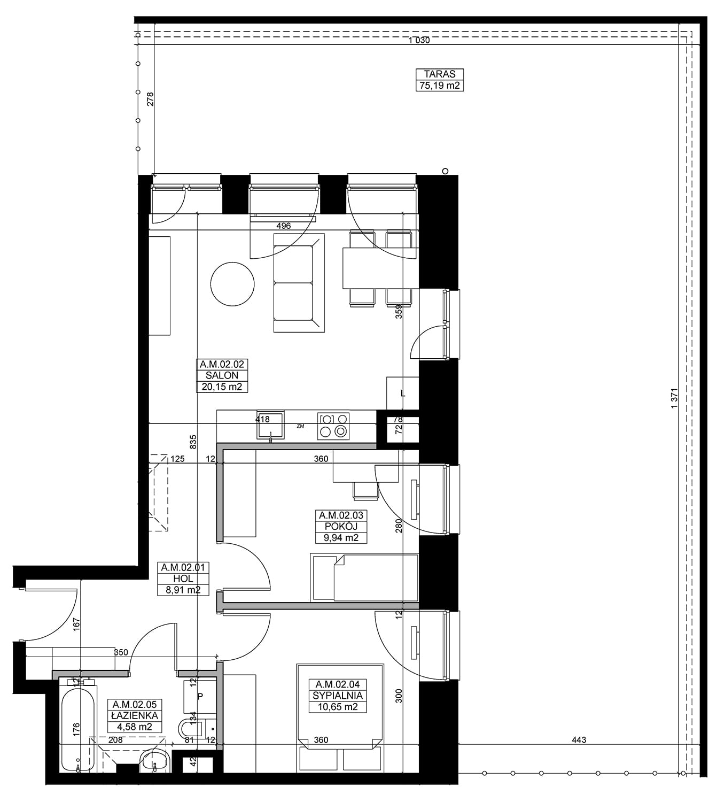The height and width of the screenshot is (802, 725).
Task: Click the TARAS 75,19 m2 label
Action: [439, 80]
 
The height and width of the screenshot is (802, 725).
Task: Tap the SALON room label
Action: [222, 375]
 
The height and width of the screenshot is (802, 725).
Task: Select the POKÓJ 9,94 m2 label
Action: [341, 527]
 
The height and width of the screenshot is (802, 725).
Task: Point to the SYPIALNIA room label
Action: [338, 696]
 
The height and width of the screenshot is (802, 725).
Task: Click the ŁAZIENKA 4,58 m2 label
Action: [135, 715]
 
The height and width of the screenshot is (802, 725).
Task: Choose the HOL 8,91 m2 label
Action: [183, 579]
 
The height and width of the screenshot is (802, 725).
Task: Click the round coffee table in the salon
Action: [232, 284]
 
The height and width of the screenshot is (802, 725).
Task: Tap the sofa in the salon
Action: [299, 283]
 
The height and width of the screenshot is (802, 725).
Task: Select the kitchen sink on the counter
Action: [270, 426]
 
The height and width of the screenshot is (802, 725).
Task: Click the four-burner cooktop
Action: [333, 426]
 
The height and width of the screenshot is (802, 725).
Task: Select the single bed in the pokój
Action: [364, 577]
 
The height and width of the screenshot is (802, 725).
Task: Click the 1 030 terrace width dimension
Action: [419, 41]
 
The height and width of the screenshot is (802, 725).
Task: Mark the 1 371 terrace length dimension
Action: [675, 398]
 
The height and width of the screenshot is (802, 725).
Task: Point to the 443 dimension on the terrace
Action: [579, 740]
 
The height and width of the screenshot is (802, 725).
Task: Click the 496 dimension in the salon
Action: [283, 226]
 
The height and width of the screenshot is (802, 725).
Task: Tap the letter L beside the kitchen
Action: [403, 394]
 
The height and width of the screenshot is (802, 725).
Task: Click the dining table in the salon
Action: [380, 268]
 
